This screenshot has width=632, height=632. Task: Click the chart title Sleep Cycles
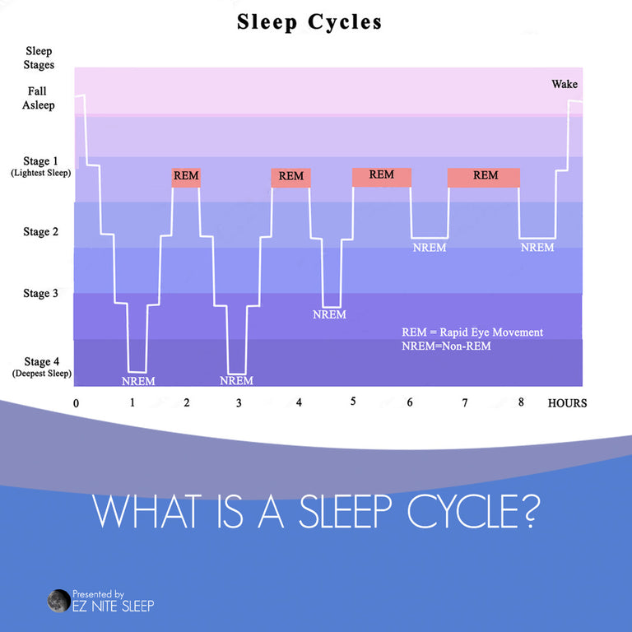(x=309, y=22)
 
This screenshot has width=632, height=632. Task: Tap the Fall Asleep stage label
(x=39, y=98)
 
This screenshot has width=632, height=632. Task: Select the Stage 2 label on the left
(x=40, y=232)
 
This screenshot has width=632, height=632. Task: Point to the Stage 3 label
(x=40, y=293)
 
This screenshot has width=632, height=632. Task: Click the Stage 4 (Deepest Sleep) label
(x=41, y=367)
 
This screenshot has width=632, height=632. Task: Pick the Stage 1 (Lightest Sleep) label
(x=40, y=166)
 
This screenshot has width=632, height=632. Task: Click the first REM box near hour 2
(x=186, y=178)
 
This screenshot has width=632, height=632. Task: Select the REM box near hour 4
(x=290, y=178)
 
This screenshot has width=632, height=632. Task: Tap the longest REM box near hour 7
(x=484, y=178)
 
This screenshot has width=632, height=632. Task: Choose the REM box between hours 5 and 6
(x=382, y=178)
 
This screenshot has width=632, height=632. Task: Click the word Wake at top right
(x=565, y=84)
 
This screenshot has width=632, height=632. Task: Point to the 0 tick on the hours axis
(x=77, y=403)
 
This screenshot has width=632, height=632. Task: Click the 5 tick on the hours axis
(x=353, y=401)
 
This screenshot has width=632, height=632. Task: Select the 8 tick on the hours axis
(x=521, y=402)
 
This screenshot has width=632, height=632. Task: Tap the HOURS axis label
(x=567, y=403)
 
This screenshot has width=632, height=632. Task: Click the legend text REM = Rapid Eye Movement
(x=472, y=332)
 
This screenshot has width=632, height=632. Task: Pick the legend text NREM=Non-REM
(x=446, y=346)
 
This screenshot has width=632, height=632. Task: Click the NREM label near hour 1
(x=138, y=381)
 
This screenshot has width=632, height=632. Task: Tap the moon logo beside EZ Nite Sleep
(x=59, y=601)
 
